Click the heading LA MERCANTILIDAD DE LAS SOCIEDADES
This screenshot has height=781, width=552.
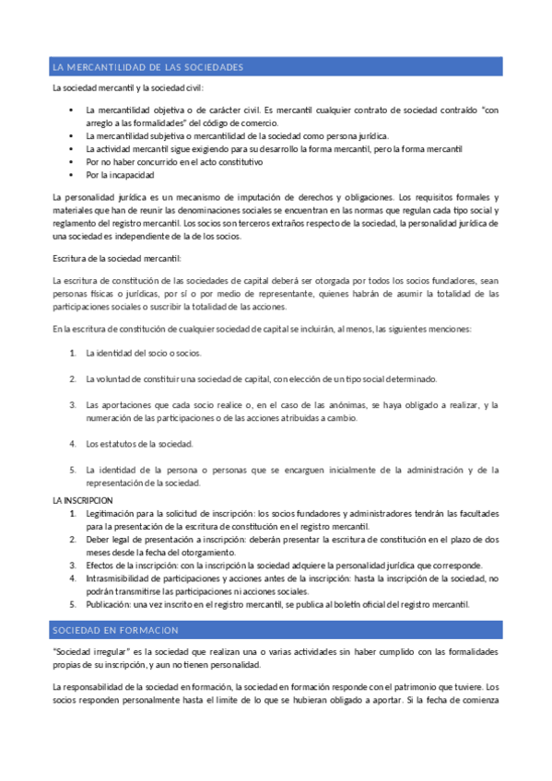(148, 68)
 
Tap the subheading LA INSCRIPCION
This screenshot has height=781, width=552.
(82, 500)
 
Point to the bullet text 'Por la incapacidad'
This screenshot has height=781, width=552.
(120, 174)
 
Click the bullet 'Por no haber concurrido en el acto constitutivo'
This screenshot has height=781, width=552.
(174, 161)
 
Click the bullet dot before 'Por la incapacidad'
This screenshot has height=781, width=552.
(73, 174)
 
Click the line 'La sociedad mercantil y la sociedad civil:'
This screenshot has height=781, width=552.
(128, 88)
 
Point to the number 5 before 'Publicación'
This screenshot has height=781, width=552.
(73, 604)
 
